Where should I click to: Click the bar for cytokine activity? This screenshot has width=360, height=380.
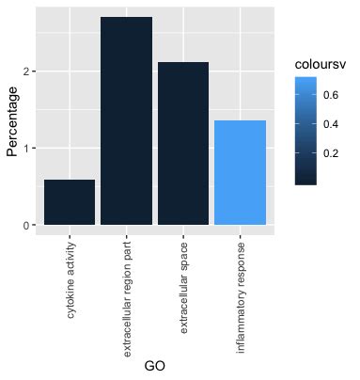pos(70,202)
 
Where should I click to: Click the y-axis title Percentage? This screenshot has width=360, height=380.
pos(12,121)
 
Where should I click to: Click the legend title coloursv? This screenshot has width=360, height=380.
pos(321,63)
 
